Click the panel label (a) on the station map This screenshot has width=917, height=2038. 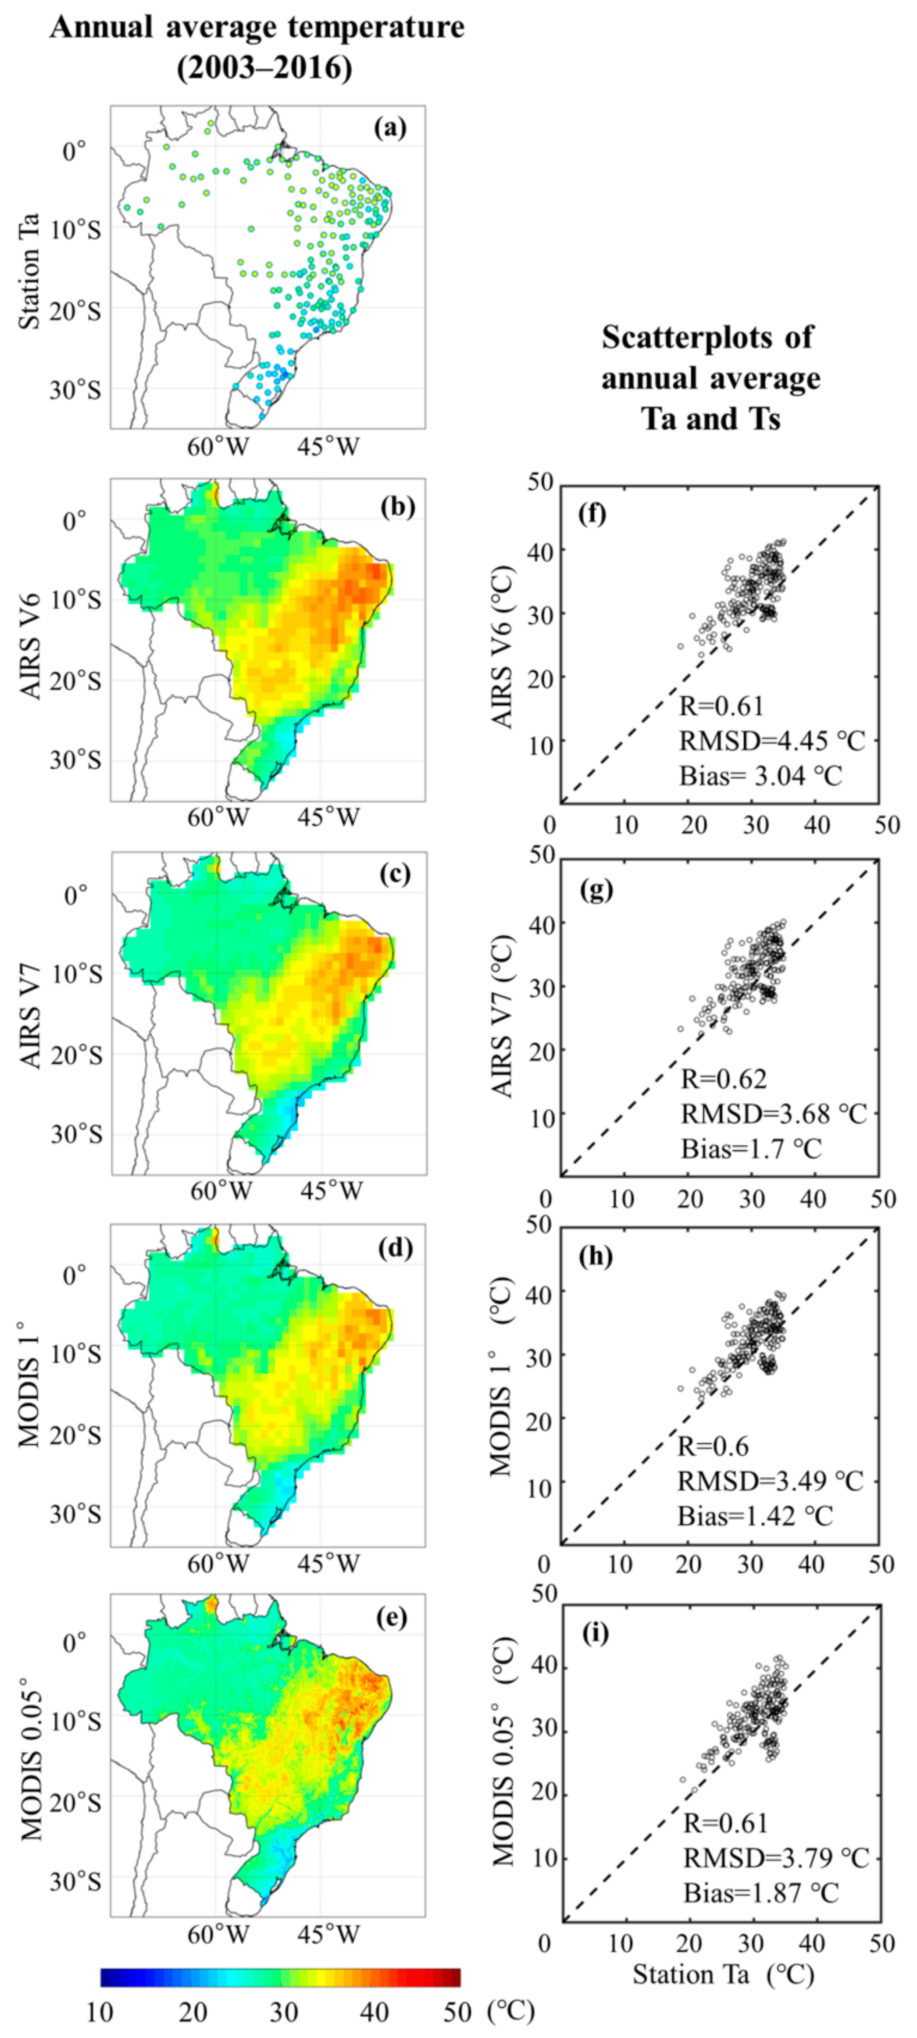tap(390, 128)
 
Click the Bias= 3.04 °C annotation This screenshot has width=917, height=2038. tap(760, 775)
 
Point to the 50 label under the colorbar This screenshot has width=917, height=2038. tap(457, 2011)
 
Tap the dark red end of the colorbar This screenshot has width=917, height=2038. tap(454, 1978)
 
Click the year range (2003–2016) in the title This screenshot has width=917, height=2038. tap(264, 68)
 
